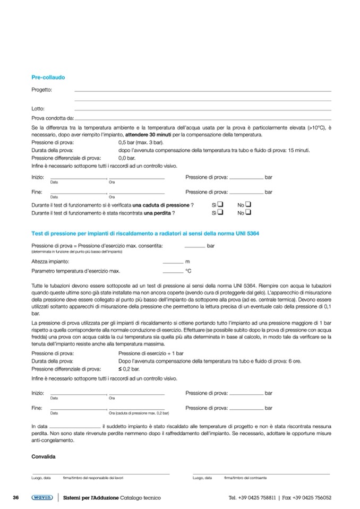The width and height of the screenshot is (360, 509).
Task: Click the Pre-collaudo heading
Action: tap(48, 77)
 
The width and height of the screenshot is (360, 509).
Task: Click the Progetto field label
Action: tap(42, 90)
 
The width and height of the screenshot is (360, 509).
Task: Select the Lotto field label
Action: tap(38, 109)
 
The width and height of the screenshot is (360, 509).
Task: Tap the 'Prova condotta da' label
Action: tap(53, 118)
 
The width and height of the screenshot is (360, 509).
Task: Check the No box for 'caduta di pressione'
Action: tap(248, 204)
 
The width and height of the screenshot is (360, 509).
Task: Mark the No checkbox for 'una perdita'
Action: tap(248, 213)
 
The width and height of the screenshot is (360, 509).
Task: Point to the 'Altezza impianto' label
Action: tap(50, 262)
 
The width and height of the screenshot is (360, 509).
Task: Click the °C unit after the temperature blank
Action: tap(187, 271)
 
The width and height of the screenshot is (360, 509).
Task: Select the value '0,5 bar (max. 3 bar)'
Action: tap(140, 143)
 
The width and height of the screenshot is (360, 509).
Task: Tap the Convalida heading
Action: tap(44, 456)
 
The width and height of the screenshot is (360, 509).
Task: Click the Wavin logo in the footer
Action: tap(41, 498)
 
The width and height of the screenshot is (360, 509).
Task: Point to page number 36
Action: tap(16, 498)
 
